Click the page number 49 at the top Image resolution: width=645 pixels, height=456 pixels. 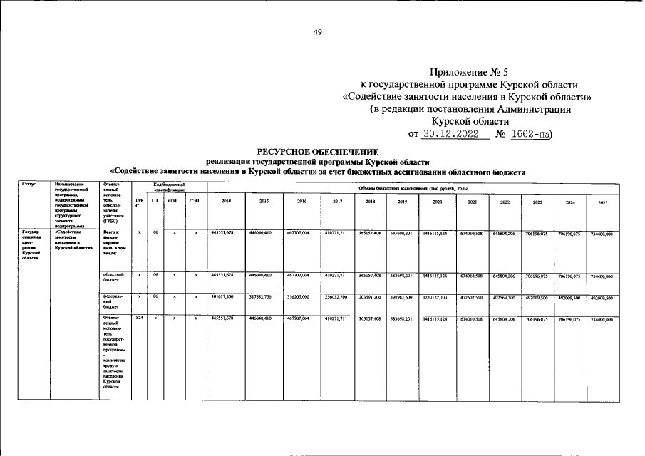click(x=319, y=32)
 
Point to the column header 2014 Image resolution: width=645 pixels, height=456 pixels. click(x=226, y=202)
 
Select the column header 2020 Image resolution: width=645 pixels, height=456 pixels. click(x=437, y=202)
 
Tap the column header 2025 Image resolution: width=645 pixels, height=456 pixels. click(x=603, y=203)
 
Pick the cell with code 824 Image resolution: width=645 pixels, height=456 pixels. click(x=140, y=318)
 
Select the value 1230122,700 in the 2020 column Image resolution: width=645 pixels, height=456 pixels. click(x=437, y=296)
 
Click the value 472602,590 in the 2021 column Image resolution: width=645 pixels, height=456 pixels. click(x=471, y=296)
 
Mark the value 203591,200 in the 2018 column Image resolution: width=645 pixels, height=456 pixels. click(x=371, y=296)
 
